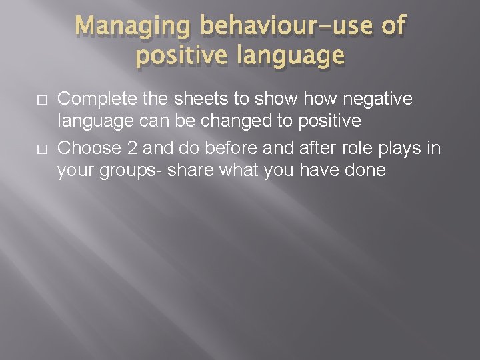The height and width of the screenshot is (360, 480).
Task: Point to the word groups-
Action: click(129, 171)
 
